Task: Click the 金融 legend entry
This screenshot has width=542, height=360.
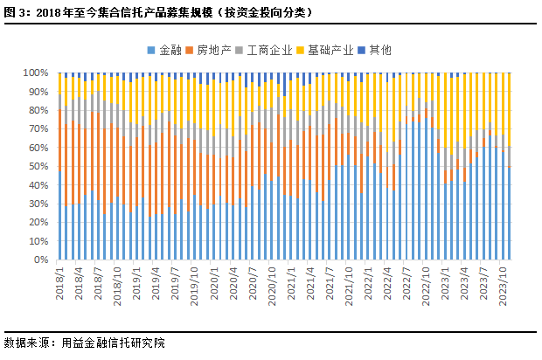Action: pos(164,51)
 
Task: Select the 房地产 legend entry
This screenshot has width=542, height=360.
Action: pos(208,51)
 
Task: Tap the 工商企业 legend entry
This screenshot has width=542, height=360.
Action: pos(264,51)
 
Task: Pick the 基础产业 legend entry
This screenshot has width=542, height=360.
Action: pos(325,51)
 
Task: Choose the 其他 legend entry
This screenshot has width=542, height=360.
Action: pos(374,51)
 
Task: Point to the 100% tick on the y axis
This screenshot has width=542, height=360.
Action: pos(36,73)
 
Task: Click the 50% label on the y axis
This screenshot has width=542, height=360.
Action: pos(38,167)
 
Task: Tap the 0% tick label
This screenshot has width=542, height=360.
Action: pos(41,260)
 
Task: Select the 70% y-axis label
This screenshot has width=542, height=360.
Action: pos(38,129)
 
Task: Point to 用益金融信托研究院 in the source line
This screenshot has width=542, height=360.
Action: pos(114,343)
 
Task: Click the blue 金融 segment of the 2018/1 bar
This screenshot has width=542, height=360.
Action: pos(59,215)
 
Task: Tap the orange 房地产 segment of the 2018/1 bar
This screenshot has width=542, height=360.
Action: pos(59,141)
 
